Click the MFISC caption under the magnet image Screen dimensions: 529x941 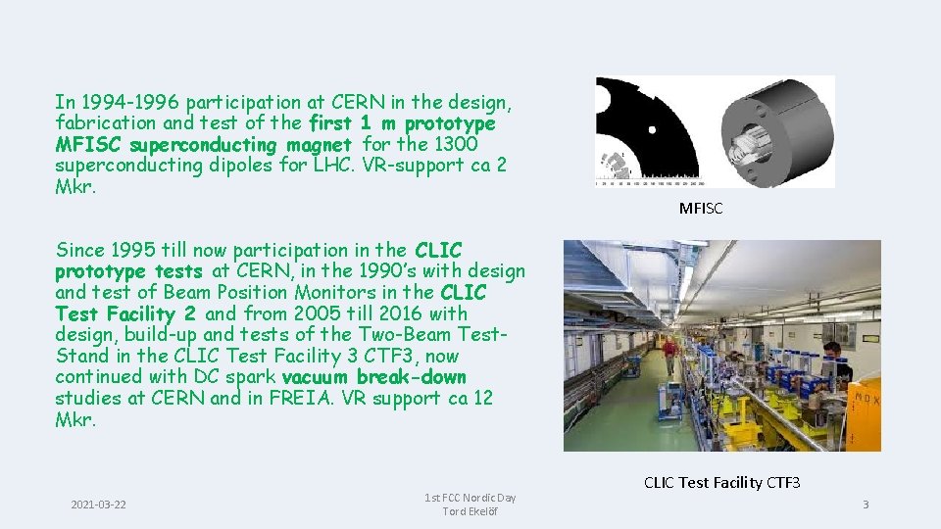point(700,208)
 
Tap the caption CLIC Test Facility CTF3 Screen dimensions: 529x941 point(721,482)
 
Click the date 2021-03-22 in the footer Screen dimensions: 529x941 point(99,505)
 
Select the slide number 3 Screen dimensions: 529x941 point(866,505)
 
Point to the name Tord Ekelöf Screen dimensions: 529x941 point(470,512)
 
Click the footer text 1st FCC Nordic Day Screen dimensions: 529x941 point(470,498)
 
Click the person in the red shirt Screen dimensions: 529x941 point(669,354)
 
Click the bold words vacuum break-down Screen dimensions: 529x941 point(373,377)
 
